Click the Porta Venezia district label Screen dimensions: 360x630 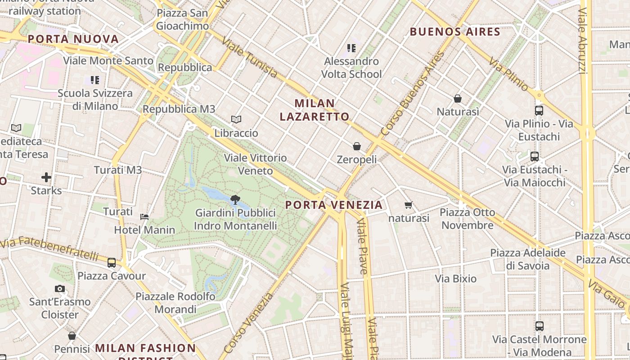pos(334,205)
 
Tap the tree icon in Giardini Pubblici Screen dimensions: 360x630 pos(235,199)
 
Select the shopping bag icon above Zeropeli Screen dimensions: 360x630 pos(357,146)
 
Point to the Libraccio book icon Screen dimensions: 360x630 pos(236,120)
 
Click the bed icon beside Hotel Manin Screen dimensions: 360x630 pos(144,217)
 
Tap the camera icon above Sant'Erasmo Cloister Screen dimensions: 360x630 pos(60,288)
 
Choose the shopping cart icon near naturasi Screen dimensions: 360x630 pos(409,205)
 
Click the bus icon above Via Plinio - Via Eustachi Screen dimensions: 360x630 pos(539,110)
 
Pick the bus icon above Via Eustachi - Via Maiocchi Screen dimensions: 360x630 pos(535,157)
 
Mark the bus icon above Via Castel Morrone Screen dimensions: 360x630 pos(539,326)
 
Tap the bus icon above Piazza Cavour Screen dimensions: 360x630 pos(112,262)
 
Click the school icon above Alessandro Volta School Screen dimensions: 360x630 pos(352,48)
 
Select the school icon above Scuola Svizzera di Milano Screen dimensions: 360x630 pos(95,80)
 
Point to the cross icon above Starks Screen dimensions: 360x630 pos(46,177)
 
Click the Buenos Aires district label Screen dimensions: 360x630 pos(455,32)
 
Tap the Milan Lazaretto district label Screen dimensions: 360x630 pos(315,110)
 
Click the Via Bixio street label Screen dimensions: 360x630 pos(455,279)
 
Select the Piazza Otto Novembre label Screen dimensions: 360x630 pos(467,219)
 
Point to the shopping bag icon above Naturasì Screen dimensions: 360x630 pos(458,98)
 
